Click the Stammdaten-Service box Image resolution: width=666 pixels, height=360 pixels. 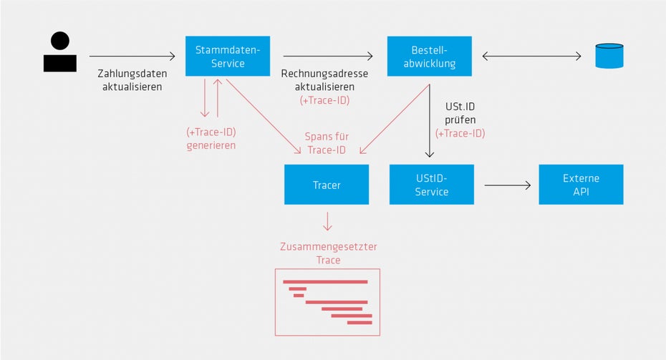[x=227, y=57]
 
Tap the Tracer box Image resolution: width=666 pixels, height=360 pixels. [x=327, y=185]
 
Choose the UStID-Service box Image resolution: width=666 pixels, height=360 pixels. [x=432, y=185]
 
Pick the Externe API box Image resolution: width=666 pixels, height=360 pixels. [x=581, y=185]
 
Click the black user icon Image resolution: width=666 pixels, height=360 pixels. [x=60, y=52]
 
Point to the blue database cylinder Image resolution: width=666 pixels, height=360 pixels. [x=610, y=56]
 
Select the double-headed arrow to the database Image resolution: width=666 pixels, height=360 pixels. [x=531, y=56]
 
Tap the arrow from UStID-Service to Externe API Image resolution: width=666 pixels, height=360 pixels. [x=508, y=185]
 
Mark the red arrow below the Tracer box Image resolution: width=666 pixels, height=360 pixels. [x=327, y=220]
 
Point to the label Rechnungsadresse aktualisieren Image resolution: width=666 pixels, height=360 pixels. [x=324, y=80]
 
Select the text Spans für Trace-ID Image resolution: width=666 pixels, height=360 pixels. [x=327, y=143]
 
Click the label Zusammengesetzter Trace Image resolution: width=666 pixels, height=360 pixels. [x=327, y=253]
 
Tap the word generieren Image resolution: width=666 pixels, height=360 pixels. [x=211, y=145]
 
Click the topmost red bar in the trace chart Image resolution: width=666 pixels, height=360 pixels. [x=325, y=281]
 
